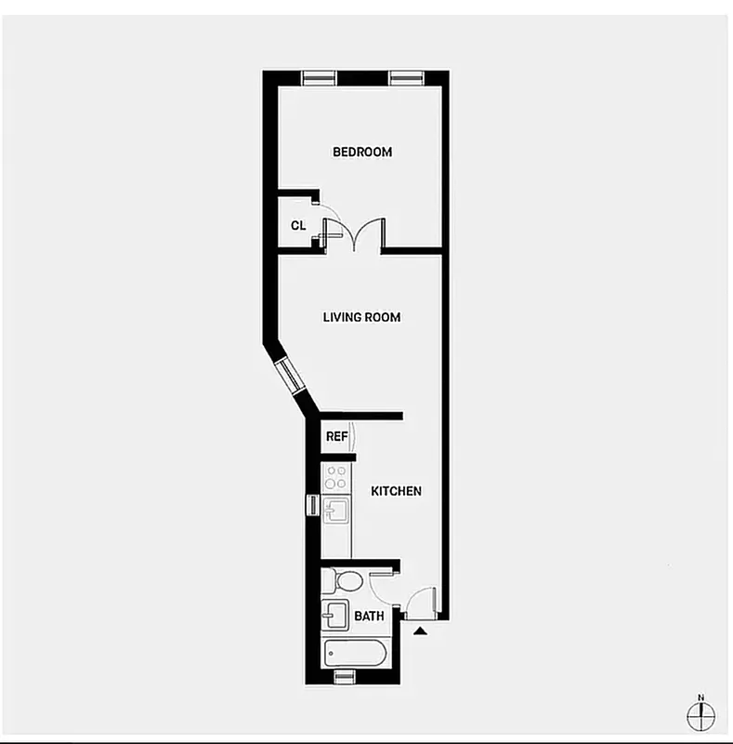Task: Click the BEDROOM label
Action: (x=362, y=152)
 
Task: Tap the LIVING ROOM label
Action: (x=361, y=317)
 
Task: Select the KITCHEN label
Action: (x=397, y=491)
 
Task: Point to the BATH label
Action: (x=369, y=616)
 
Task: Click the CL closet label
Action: (x=298, y=225)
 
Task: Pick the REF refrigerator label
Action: (x=335, y=436)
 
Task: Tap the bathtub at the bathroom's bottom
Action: (x=354, y=652)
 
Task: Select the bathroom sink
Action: (x=335, y=615)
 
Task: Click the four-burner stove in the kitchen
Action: (x=336, y=477)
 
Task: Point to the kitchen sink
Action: (x=336, y=510)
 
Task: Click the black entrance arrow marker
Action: (x=420, y=631)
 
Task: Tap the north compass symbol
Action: (x=701, y=715)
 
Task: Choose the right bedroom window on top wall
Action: (x=406, y=78)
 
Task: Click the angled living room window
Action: (x=291, y=374)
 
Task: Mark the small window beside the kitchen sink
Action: (x=312, y=505)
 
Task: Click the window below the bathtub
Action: (x=346, y=676)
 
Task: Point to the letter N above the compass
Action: (x=701, y=697)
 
